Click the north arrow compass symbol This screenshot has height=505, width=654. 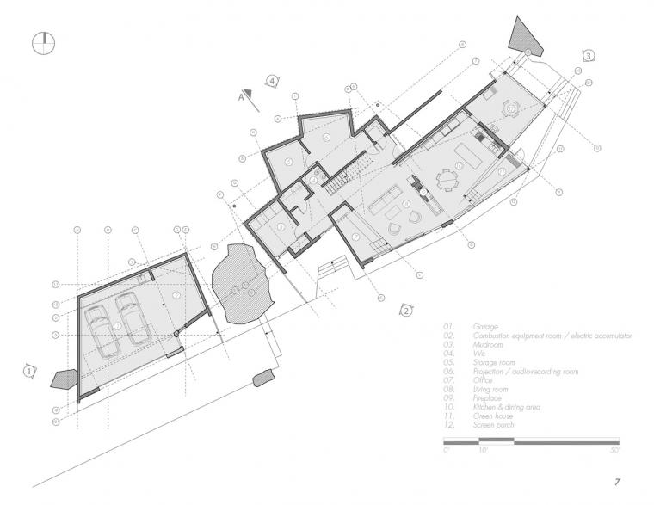pyautogui.click(x=44, y=43)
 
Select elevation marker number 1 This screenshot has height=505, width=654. pyautogui.click(x=30, y=371)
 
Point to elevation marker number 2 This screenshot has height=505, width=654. pyautogui.click(x=406, y=310)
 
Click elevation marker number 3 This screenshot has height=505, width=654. pyautogui.click(x=588, y=55)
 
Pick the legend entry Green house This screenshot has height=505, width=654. pyautogui.click(x=493, y=415)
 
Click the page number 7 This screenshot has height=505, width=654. pyautogui.click(x=617, y=482)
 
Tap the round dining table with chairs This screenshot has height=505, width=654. pyautogui.click(x=449, y=179)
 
